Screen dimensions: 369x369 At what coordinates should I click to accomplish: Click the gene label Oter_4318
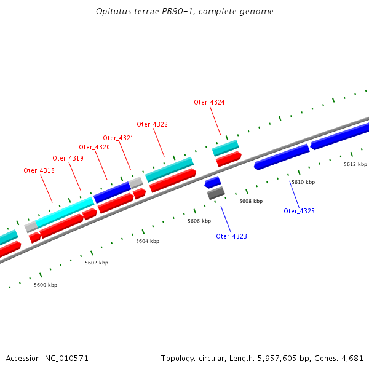coord(39,170)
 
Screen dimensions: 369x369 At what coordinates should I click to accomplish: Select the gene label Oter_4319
coord(68,158)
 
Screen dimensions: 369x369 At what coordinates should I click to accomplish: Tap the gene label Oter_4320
coord(94,147)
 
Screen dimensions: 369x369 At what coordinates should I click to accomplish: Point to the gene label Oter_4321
coord(118,138)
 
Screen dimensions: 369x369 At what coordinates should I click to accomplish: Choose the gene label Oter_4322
coord(152,124)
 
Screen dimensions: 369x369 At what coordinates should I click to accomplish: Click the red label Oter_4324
coord(209,102)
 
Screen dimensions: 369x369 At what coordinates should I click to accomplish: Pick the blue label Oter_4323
coord(231,236)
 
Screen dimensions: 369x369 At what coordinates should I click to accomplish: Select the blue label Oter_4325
coord(299,211)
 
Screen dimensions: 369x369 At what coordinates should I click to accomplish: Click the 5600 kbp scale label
coord(46,285)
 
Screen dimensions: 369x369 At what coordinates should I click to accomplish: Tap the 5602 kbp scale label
coord(97,263)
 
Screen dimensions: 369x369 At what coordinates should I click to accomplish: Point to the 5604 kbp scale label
coord(148,242)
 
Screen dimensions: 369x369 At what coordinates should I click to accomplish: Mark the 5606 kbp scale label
coord(199,221)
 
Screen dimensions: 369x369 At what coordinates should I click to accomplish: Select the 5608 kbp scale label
coord(251,201)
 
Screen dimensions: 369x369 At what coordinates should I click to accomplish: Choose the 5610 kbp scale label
coord(303,182)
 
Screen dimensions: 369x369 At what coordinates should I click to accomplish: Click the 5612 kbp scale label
coord(355,164)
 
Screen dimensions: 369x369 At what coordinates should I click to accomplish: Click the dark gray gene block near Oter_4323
coord(216,194)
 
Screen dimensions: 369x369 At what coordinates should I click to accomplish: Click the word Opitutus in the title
coord(113,12)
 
